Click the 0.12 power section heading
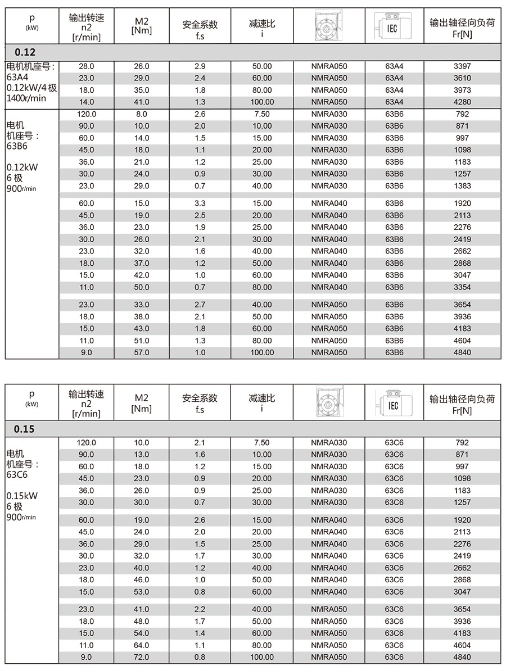(x=25, y=52)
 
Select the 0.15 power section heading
(x=25, y=429)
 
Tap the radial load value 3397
(x=462, y=66)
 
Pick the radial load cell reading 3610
(x=462, y=78)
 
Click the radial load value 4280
(x=462, y=102)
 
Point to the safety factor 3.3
(x=200, y=203)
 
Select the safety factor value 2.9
(x=200, y=66)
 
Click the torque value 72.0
(x=142, y=657)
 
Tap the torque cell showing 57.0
(x=142, y=352)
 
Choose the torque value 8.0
(x=142, y=114)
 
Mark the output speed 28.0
(x=87, y=66)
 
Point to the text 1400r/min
(x=26, y=98)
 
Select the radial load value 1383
(x=462, y=186)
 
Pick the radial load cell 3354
(x=462, y=287)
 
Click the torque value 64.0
(x=142, y=645)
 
